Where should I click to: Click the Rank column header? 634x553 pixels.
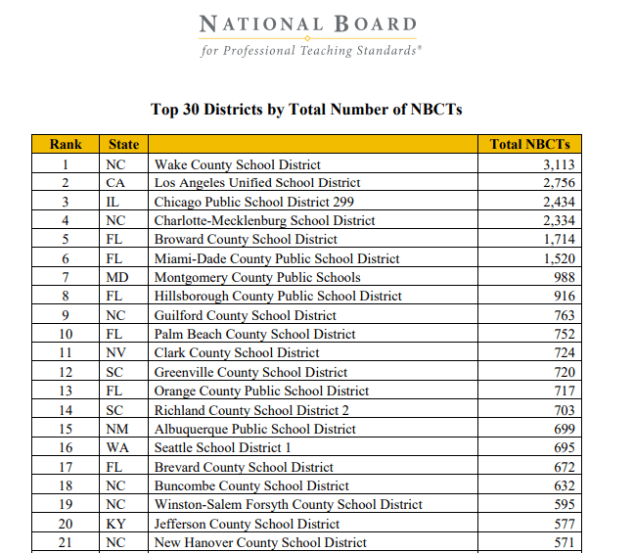[66, 145]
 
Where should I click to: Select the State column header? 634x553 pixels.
[124, 145]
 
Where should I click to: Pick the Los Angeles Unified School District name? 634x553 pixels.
[257, 183]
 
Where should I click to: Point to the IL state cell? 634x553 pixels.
[114, 202]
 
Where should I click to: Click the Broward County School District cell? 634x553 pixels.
[246, 240]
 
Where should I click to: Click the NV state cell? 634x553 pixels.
[115, 352]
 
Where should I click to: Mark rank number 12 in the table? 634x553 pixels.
[66, 372]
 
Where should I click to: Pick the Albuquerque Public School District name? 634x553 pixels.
[254, 429]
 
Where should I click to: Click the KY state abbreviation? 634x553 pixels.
[115, 524]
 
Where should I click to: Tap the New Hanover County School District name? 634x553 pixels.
[260, 542]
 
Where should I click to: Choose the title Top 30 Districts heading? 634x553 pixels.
[306, 110]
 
